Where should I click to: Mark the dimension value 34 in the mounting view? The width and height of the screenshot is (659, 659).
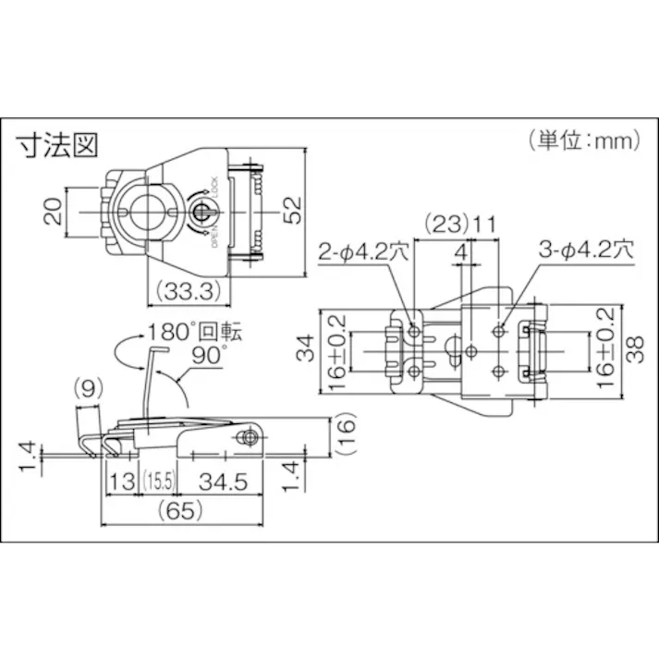309,349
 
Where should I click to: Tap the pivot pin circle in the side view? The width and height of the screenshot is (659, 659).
248,438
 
